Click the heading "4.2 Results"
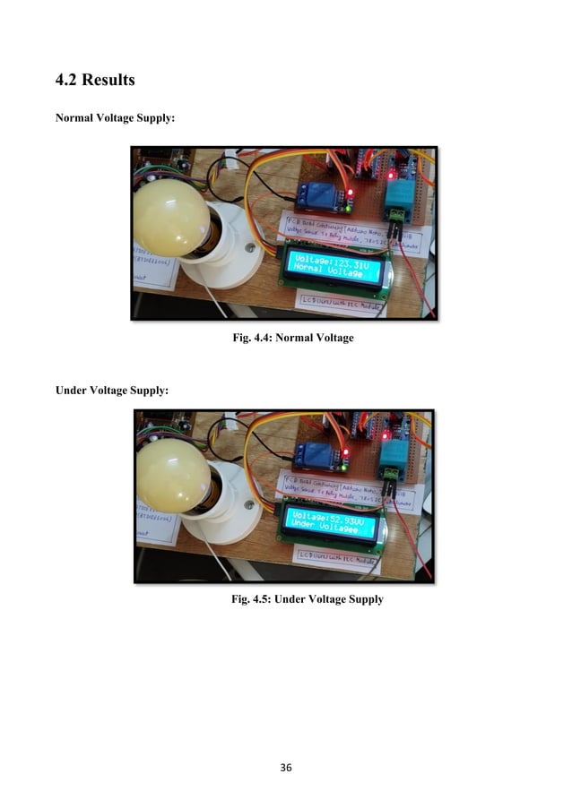[x=94, y=81]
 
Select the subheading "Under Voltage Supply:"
[x=110, y=391]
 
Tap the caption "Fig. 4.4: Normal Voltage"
[x=293, y=338]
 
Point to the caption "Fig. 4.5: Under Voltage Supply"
[x=308, y=598]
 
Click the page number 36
[x=285, y=768]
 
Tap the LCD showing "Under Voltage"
[x=331, y=521]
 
